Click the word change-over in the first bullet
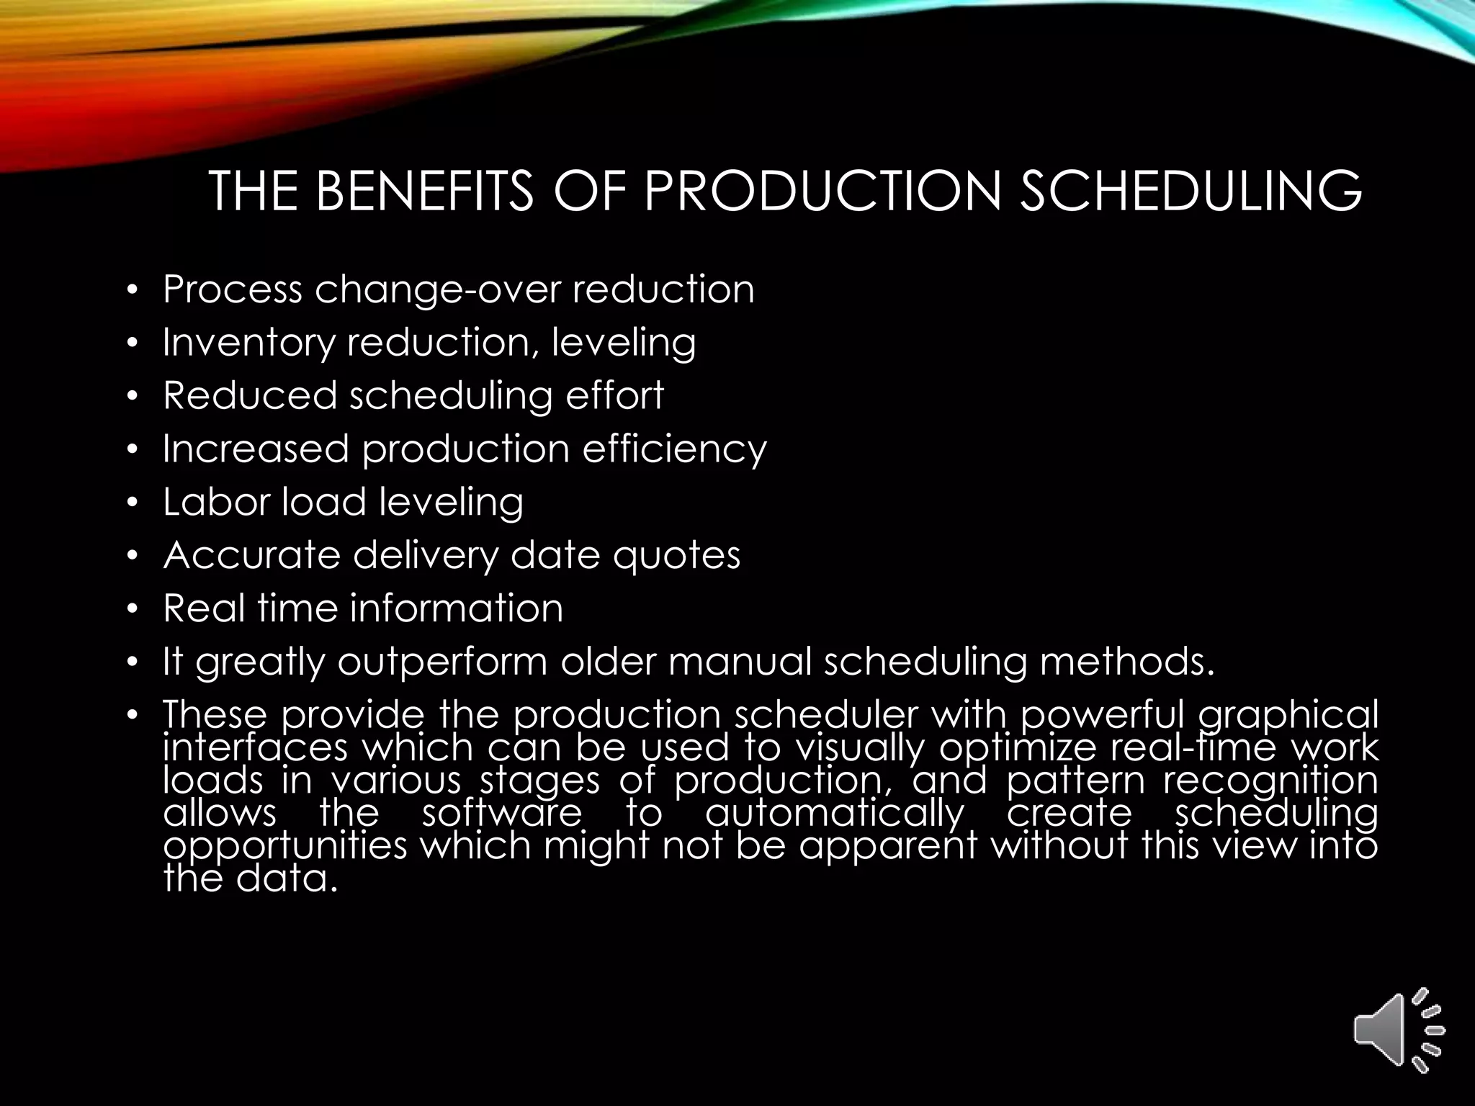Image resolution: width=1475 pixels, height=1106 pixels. click(x=436, y=289)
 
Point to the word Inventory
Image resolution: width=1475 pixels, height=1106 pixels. click(x=248, y=343)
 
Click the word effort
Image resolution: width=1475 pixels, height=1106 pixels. click(x=614, y=395)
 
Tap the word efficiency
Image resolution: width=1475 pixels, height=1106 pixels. click(x=674, y=449)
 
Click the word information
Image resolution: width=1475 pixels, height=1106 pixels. click(x=457, y=608)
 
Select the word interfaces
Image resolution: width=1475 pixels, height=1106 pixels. click(x=256, y=747)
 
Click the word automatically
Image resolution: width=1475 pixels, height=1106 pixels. click(x=834, y=814)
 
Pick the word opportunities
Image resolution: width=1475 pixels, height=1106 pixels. click(x=285, y=847)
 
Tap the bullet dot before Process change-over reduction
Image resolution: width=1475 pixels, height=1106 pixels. click(x=131, y=292)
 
